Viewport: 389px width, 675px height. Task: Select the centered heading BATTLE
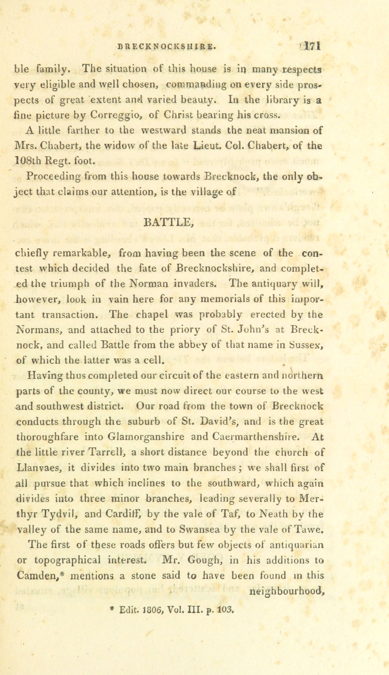169,223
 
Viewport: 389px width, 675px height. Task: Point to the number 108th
28,160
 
